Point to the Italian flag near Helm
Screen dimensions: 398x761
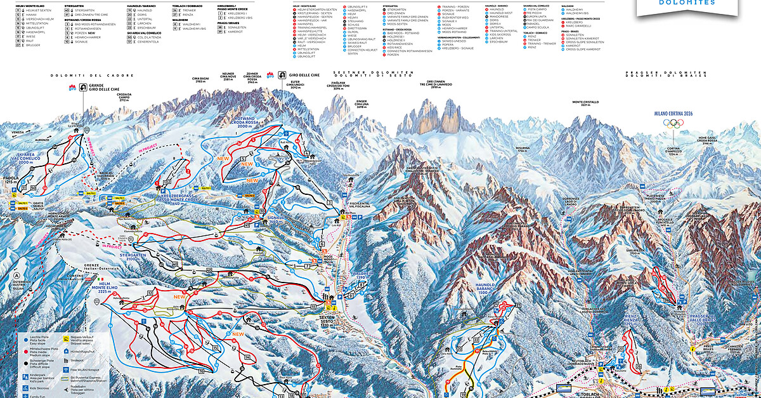click(100, 279)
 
